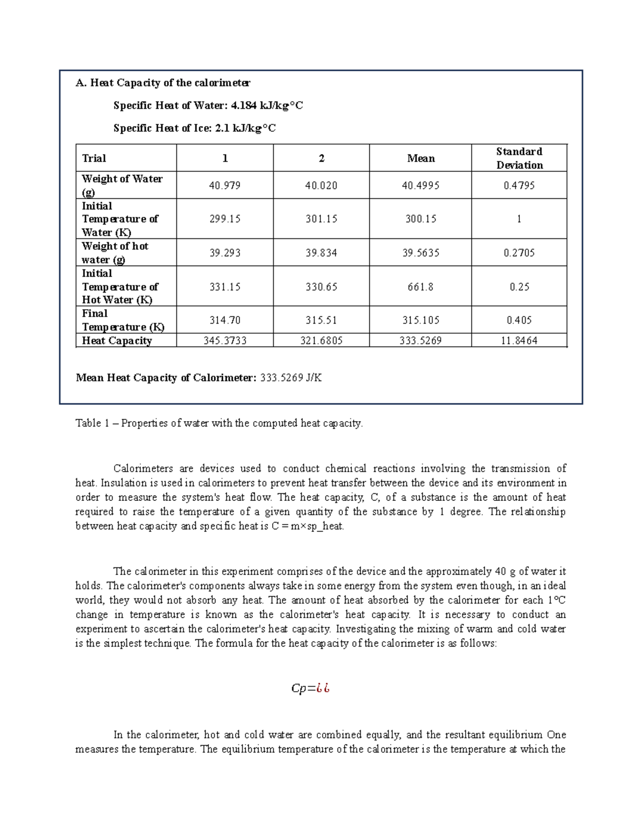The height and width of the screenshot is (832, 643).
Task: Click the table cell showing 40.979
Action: tap(225, 185)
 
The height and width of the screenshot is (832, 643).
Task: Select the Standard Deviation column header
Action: tap(519, 158)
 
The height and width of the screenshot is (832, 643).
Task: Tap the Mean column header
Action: tap(421, 158)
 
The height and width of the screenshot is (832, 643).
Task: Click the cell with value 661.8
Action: tap(421, 287)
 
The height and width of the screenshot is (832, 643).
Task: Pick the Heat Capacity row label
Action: tap(117, 341)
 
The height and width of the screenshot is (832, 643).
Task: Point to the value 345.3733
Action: tap(225, 341)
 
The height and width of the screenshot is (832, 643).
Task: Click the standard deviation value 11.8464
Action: tap(519, 341)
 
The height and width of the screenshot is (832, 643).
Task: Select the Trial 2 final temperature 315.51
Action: tap(321, 320)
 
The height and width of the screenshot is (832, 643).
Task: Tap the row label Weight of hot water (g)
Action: tap(115, 253)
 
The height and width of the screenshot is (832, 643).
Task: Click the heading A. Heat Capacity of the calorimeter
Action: tap(163, 83)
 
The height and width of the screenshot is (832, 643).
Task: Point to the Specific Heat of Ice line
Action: tap(195, 128)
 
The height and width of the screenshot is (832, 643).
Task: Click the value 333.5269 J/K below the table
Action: tap(291, 378)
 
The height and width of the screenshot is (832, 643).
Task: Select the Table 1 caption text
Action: tap(219, 423)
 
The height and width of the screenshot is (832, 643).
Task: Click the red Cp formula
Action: tap(310, 688)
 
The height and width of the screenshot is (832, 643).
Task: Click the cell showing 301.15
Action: tap(321, 219)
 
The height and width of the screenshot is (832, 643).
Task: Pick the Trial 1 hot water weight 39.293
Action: tap(225, 253)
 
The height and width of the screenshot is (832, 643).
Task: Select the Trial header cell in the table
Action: tap(94, 158)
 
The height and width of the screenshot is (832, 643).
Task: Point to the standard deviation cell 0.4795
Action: tap(519, 185)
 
